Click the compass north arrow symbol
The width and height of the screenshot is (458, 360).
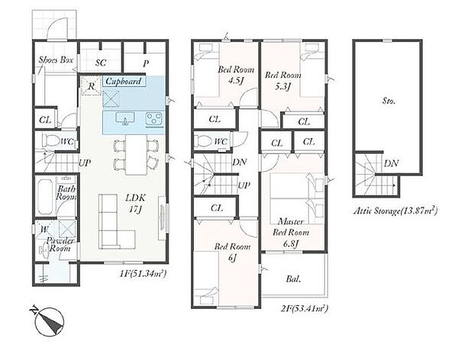(48, 321)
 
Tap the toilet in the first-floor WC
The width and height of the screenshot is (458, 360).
(50, 141)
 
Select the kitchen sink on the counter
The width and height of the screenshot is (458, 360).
(125, 118)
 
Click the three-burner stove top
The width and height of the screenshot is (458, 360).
(154, 120)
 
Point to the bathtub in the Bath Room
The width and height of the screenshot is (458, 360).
(44, 197)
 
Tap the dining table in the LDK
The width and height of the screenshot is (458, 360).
(136, 155)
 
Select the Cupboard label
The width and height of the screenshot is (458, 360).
(123, 81)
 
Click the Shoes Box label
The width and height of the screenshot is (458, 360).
(56, 60)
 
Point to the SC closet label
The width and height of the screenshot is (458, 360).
(101, 63)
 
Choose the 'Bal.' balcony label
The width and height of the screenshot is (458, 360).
(293, 279)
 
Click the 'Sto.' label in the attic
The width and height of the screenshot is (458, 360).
(389, 101)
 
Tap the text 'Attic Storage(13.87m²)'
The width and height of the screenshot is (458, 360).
(395, 211)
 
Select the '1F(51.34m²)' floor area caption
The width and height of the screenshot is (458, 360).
(143, 274)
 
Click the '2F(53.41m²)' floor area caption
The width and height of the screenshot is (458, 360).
(304, 308)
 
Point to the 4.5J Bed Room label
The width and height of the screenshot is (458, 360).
(236, 75)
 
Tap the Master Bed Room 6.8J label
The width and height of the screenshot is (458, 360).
(291, 233)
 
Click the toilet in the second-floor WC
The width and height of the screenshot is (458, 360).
(204, 142)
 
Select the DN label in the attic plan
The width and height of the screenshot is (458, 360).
(391, 163)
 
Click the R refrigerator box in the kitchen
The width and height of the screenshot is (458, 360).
(91, 85)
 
